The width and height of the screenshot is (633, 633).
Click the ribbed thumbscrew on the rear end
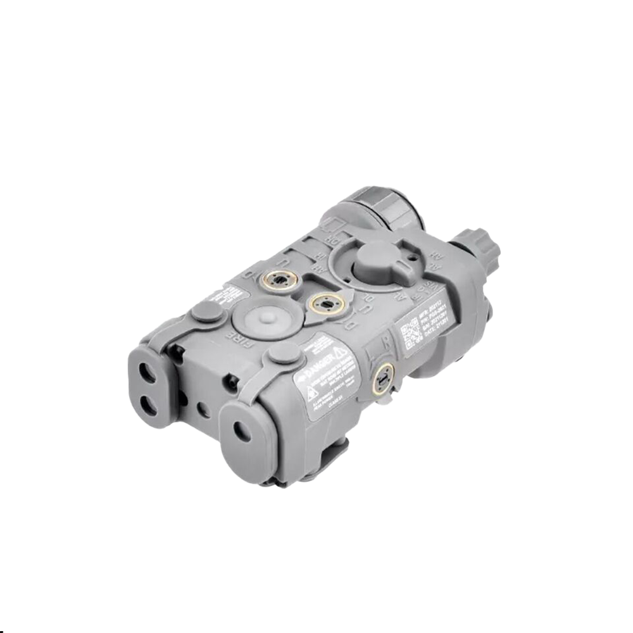(475, 248)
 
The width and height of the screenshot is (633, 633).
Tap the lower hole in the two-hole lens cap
(149, 404)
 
